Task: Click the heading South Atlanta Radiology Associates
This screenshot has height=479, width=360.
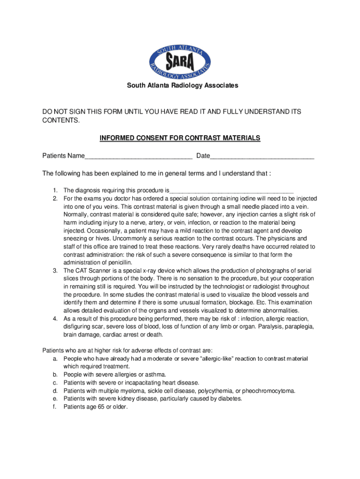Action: click(180, 86)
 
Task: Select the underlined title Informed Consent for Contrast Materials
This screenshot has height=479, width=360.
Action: click(180, 138)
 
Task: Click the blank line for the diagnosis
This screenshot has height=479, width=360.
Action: click(231, 191)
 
